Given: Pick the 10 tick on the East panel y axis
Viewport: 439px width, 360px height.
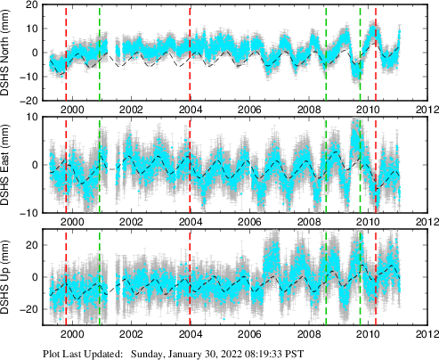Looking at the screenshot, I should point(35,118).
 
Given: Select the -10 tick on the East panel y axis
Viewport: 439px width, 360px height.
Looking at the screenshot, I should point(32,212).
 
